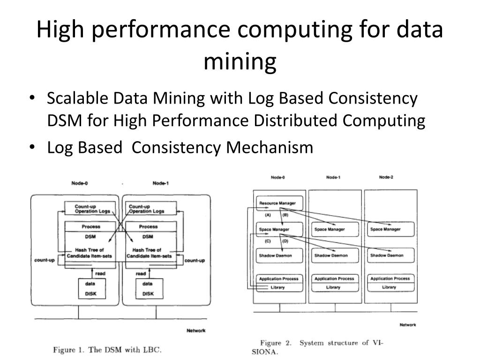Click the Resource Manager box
[278, 203]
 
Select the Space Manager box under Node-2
[385, 229]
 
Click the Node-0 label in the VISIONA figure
[278, 178]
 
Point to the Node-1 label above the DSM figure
[160, 183]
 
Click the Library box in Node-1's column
[333, 287]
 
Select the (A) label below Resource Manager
[268, 215]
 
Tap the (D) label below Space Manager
[285, 241]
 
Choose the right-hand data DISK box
[148, 288]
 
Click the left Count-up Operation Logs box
[88, 209]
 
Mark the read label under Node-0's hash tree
[100, 273]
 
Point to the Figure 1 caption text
[107, 350]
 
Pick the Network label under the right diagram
[408, 325]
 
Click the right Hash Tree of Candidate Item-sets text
[147, 253]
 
